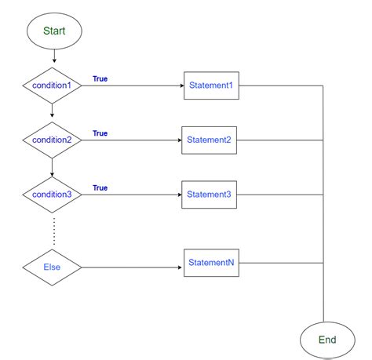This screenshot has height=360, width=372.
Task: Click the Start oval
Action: [x=53, y=32]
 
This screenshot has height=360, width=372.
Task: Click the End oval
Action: [x=326, y=340]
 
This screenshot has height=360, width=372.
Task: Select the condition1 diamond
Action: [x=53, y=85]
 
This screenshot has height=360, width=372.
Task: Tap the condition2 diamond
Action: [x=53, y=140]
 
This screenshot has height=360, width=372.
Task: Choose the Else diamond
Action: [x=53, y=267]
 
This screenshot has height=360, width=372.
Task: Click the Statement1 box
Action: [x=210, y=85]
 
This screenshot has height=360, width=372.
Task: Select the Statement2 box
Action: [x=209, y=140]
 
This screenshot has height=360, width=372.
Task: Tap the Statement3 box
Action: [x=209, y=195]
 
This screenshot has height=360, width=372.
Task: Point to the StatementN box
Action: [x=210, y=264]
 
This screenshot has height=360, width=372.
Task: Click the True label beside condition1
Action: [x=100, y=78]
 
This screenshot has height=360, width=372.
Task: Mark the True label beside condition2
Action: [x=100, y=133]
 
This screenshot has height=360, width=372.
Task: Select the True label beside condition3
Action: [x=100, y=187]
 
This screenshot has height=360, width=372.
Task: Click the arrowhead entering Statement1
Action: [x=180, y=85]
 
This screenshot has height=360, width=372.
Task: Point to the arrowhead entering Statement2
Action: [x=177, y=140]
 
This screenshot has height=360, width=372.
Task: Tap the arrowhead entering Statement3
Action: [x=177, y=195]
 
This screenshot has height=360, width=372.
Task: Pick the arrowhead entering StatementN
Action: [x=181, y=267]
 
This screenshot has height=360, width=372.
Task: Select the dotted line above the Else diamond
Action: [x=53, y=231]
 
